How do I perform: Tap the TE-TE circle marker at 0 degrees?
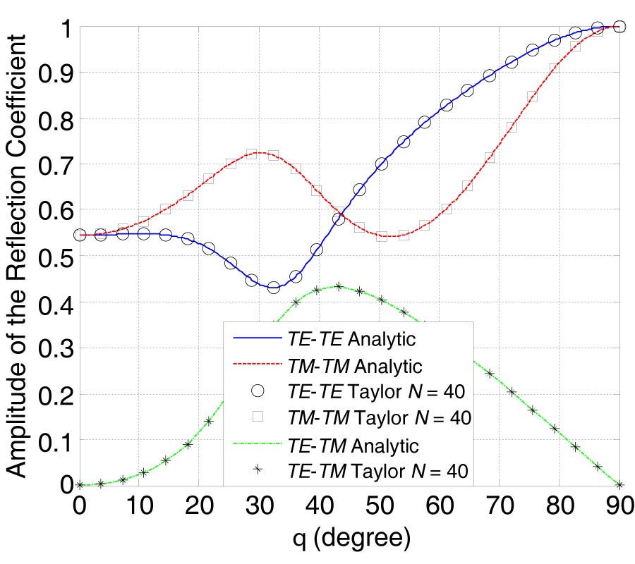coord(80,235)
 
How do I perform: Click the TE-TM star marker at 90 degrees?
coord(620,484)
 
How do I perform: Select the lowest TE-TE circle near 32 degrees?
coord(274,287)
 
